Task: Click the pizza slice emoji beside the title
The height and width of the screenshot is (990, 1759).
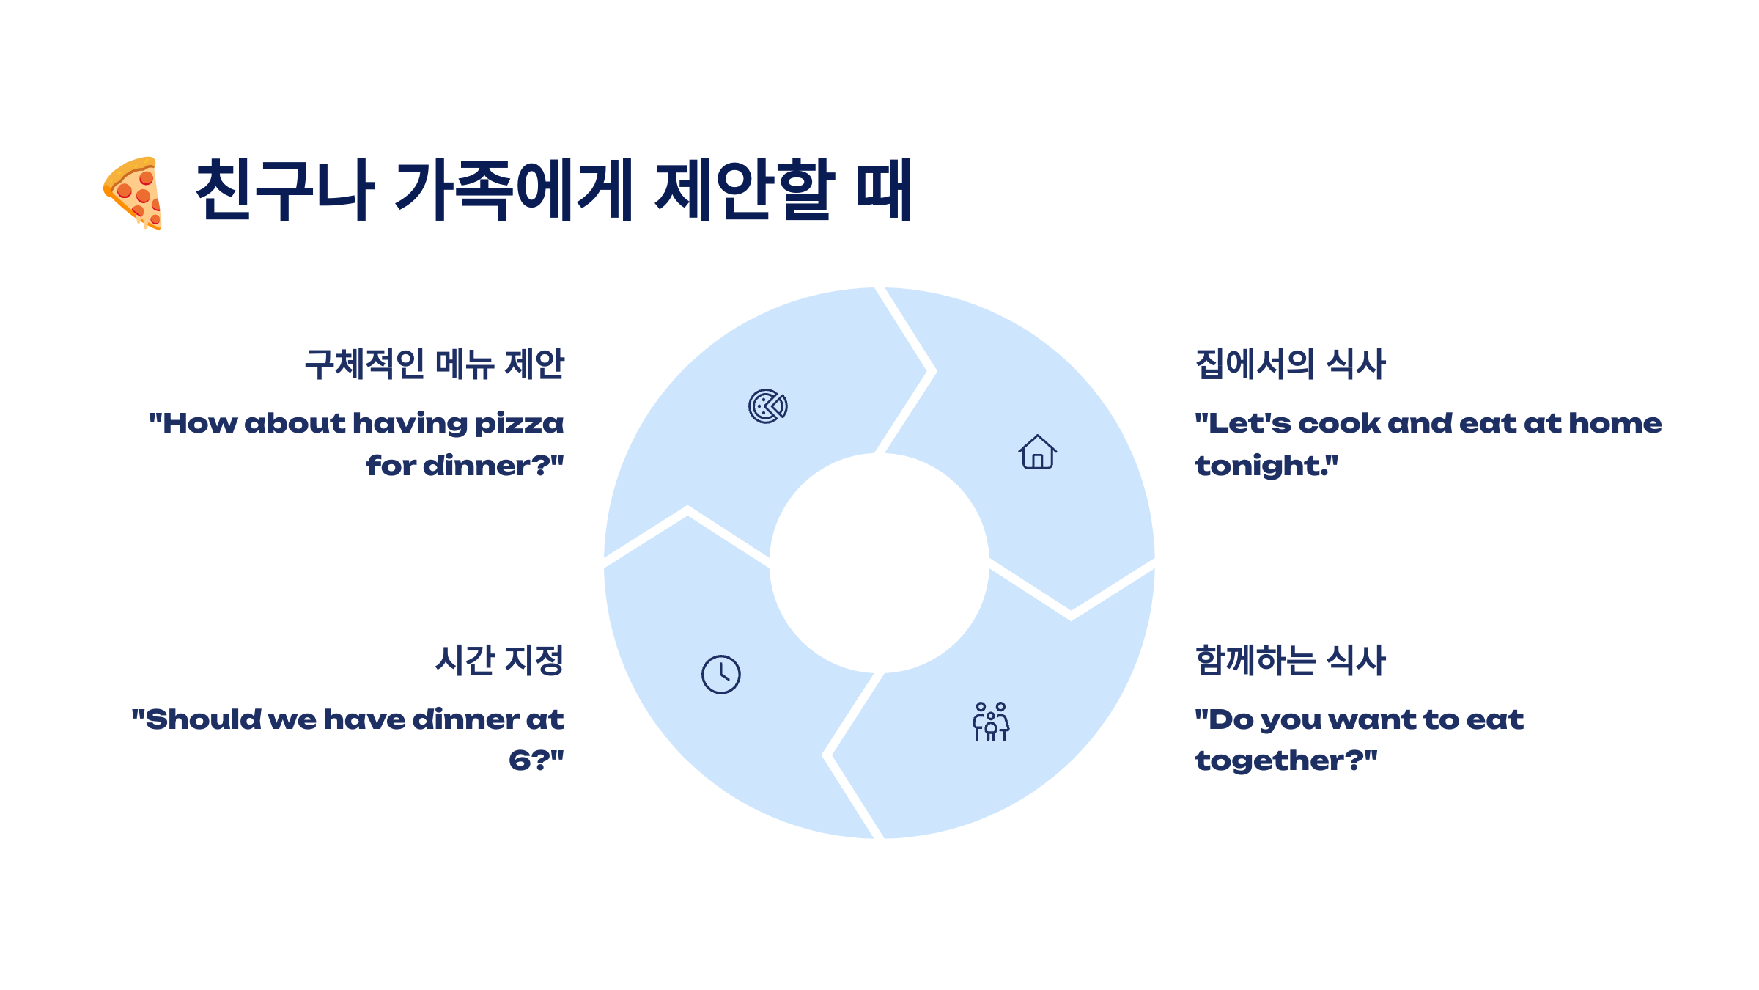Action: [x=133, y=192]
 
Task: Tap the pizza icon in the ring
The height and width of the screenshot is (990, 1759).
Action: [x=767, y=406]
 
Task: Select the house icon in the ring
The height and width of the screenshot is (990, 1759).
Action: [x=1037, y=452]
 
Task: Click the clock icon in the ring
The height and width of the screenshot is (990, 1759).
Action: [x=721, y=675]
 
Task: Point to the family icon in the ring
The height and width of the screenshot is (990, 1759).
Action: [x=991, y=722]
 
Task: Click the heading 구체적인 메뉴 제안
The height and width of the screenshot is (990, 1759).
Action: [x=434, y=364]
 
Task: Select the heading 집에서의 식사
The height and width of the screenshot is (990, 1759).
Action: [x=1290, y=364]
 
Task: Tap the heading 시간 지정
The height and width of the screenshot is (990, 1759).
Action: [x=499, y=660]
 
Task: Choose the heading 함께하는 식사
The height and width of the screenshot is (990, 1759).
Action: [x=1290, y=660]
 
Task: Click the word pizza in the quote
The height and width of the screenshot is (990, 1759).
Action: [x=519, y=425]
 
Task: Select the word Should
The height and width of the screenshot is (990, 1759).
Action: [x=203, y=719]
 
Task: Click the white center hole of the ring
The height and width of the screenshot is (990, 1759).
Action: [x=879, y=563]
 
